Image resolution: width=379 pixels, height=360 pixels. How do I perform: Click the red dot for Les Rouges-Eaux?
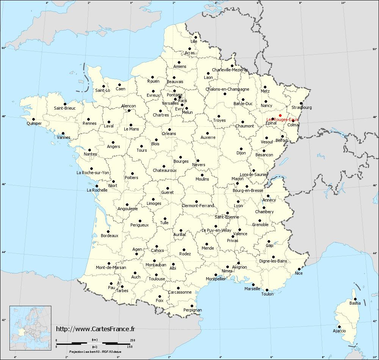[x=280, y=115]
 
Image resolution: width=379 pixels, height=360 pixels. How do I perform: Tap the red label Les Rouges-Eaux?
[x=282, y=119]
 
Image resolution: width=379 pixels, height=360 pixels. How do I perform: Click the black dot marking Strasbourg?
[x=301, y=103]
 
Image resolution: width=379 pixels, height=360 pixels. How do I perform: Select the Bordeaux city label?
[x=110, y=236]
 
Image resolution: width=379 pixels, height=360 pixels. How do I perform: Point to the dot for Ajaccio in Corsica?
[x=339, y=327]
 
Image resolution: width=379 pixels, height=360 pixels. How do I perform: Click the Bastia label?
[x=355, y=303]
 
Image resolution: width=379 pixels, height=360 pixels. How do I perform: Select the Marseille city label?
[x=252, y=289]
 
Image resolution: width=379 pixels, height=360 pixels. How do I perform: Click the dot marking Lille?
[x=196, y=37]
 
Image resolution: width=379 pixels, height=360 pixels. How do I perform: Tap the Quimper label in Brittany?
[x=34, y=123]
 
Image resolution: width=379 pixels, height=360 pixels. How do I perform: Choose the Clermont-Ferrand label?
[x=198, y=206]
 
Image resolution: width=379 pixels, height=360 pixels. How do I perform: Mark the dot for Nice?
[x=299, y=269]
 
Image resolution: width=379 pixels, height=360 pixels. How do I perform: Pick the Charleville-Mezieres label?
[x=230, y=70]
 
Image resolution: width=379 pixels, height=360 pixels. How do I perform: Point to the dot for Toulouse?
[x=157, y=275]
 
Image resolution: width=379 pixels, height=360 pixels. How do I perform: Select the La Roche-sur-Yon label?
[x=93, y=173]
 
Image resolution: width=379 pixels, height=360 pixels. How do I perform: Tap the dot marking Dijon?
[x=241, y=149]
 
